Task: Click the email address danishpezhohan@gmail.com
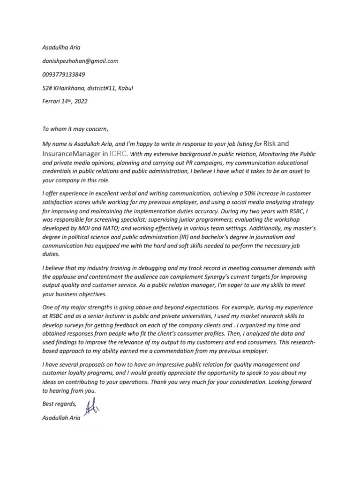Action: (80, 61)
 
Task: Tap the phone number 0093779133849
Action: (64, 74)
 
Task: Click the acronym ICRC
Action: (117, 153)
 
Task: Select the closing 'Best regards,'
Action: (59, 404)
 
